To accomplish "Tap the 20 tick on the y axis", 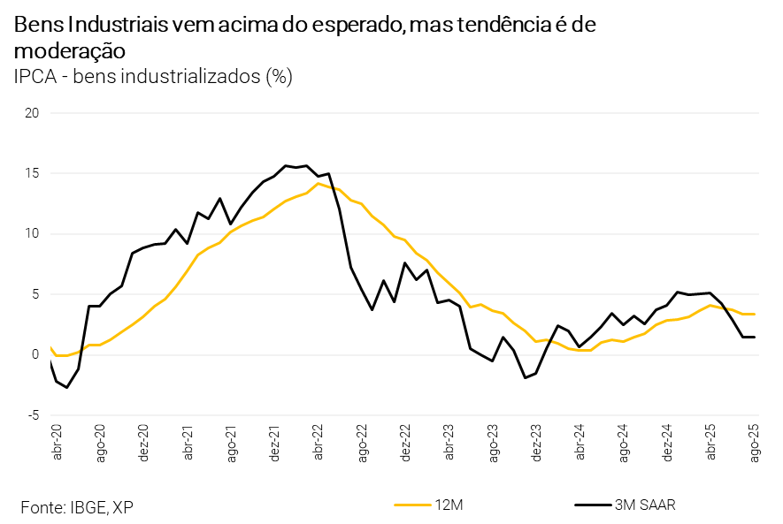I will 32,113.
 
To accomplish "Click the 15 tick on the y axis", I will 32,173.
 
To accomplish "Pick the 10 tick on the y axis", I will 32,233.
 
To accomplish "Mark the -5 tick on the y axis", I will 32,414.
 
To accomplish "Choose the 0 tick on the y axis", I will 35,354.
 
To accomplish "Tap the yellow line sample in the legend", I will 411,505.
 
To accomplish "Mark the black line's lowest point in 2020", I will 67,387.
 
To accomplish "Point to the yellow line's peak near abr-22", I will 319,183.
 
